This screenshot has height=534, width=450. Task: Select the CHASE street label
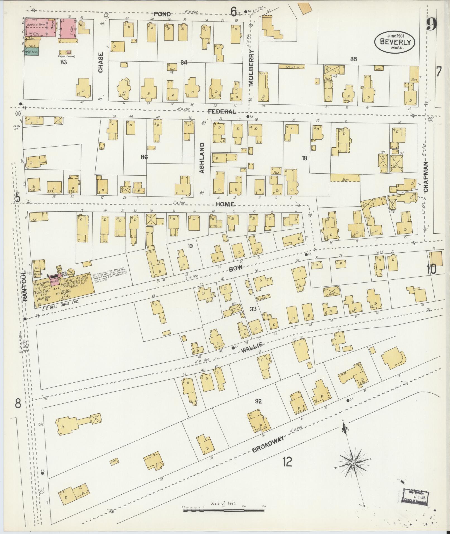click(100, 62)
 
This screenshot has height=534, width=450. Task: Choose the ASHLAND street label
click(202, 158)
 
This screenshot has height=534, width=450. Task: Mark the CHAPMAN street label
click(426, 177)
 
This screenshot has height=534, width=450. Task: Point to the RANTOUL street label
click(25, 285)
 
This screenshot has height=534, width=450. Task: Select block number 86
click(144, 157)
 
